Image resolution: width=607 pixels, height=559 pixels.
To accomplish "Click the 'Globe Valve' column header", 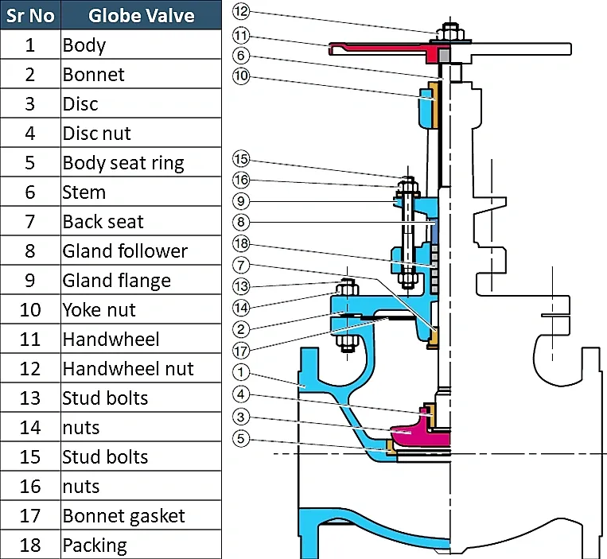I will click(x=141, y=15).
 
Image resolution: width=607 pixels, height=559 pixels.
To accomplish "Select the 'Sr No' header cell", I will click(x=30, y=15).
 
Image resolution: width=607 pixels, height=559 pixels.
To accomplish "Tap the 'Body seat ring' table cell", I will click(x=141, y=163).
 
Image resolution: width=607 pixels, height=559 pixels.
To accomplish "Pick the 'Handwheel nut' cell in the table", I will click(x=141, y=369).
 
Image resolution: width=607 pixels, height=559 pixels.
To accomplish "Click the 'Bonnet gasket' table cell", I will click(x=141, y=516).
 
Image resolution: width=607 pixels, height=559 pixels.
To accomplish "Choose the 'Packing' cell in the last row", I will click(x=141, y=545).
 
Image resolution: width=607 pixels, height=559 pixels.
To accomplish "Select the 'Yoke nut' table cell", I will click(x=141, y=310).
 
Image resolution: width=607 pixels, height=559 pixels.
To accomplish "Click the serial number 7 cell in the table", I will click(x=30, y=222).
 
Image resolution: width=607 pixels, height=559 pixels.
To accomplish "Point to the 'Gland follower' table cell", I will click(x=141, y=251).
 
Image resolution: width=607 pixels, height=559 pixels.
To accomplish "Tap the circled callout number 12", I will click(x=242, y=10).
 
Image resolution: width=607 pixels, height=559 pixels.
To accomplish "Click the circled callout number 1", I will click(x=242, y=371).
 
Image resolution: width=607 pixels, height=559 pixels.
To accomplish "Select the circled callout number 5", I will click(x=242, y=438).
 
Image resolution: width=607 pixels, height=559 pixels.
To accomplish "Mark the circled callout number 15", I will click(x=242, y=157).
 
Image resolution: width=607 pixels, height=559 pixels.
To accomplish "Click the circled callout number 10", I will click(x=242, y=77).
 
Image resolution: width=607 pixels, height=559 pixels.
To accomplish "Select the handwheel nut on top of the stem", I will click(x=447, y=31).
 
